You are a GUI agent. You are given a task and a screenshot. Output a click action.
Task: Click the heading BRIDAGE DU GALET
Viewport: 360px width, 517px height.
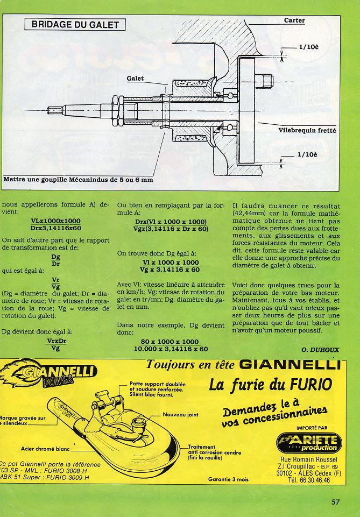pyautogui.click(x=75, y=24)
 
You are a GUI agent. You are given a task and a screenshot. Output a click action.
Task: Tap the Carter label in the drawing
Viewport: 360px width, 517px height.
pyautogui.click(x=294, y=20)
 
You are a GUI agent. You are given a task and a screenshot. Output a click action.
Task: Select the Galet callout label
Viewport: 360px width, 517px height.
pyautogui.click(x=136, y=79)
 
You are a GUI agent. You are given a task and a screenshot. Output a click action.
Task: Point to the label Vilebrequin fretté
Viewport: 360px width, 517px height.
pyautogui.click(x=307, y=130)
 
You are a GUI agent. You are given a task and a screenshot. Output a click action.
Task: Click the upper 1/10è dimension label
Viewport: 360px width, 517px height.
pyautogui.click(x=308, y=47)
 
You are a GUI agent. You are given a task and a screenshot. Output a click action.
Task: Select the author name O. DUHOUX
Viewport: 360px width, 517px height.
pyautogui.click(x=320, y=349)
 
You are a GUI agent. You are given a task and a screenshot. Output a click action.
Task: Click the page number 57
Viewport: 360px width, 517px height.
pyautogui.click(x=335, y=502)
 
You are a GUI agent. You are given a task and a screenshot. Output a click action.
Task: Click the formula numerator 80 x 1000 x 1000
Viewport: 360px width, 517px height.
pyautogui.click(x=170, y=342)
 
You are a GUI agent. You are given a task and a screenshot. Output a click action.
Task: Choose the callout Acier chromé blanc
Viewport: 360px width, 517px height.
pyautogui.click(x=46, y=448)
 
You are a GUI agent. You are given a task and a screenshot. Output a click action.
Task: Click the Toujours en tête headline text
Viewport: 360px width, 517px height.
pyautogui.click(x=191, y=364)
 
